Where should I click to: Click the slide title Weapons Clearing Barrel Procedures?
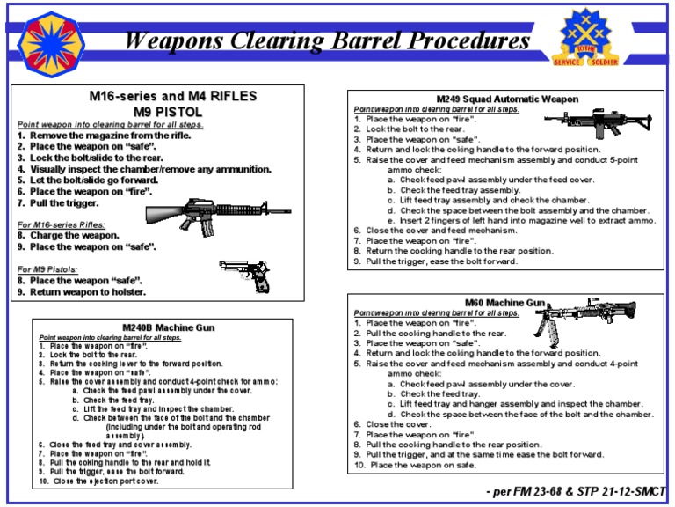[327, 41]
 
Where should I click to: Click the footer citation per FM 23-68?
[575, 489]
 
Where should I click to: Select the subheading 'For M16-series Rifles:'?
[61, 225]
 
